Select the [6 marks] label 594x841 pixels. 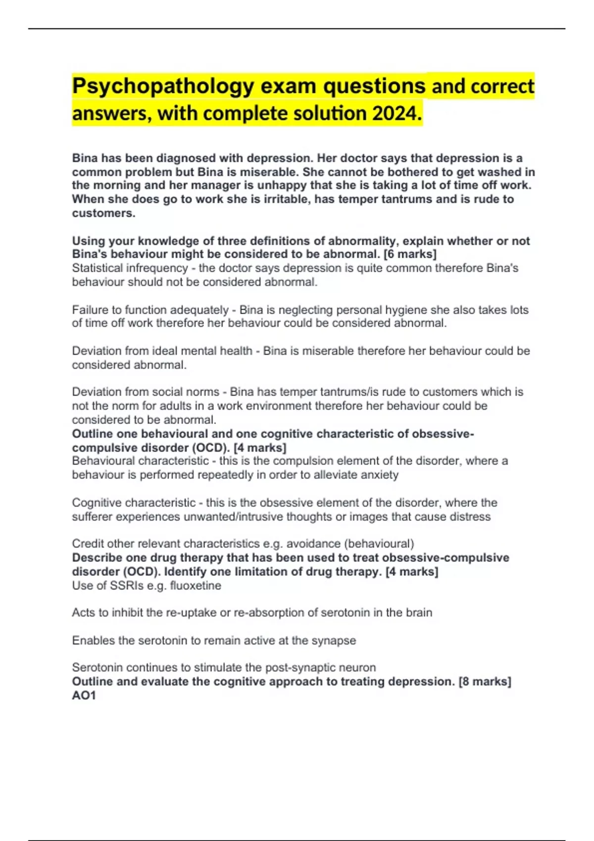(410, 254)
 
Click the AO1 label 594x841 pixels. (84, 696)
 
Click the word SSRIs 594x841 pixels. (127, 586)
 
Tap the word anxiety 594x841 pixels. (378, 475)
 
